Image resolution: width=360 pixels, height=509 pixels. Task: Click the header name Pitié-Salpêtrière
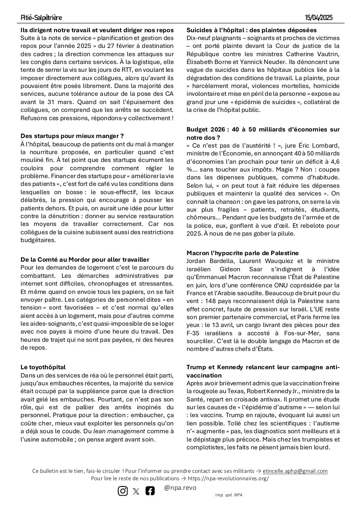(41, 18)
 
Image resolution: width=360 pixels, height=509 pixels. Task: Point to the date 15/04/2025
(319, 18)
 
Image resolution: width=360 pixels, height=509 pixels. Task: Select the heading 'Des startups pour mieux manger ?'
(72, 136)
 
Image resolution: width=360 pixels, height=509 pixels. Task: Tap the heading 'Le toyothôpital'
(43, 367)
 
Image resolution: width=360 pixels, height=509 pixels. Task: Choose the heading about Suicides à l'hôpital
(251, 30)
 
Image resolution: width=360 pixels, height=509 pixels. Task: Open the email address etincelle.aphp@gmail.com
(295, 471)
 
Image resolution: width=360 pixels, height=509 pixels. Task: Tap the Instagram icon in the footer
(123, 491)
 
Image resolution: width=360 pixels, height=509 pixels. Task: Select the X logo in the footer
(136, 491)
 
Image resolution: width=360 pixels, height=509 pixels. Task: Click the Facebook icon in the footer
(150, 491)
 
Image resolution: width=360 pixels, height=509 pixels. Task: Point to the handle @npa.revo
(180, 488)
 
